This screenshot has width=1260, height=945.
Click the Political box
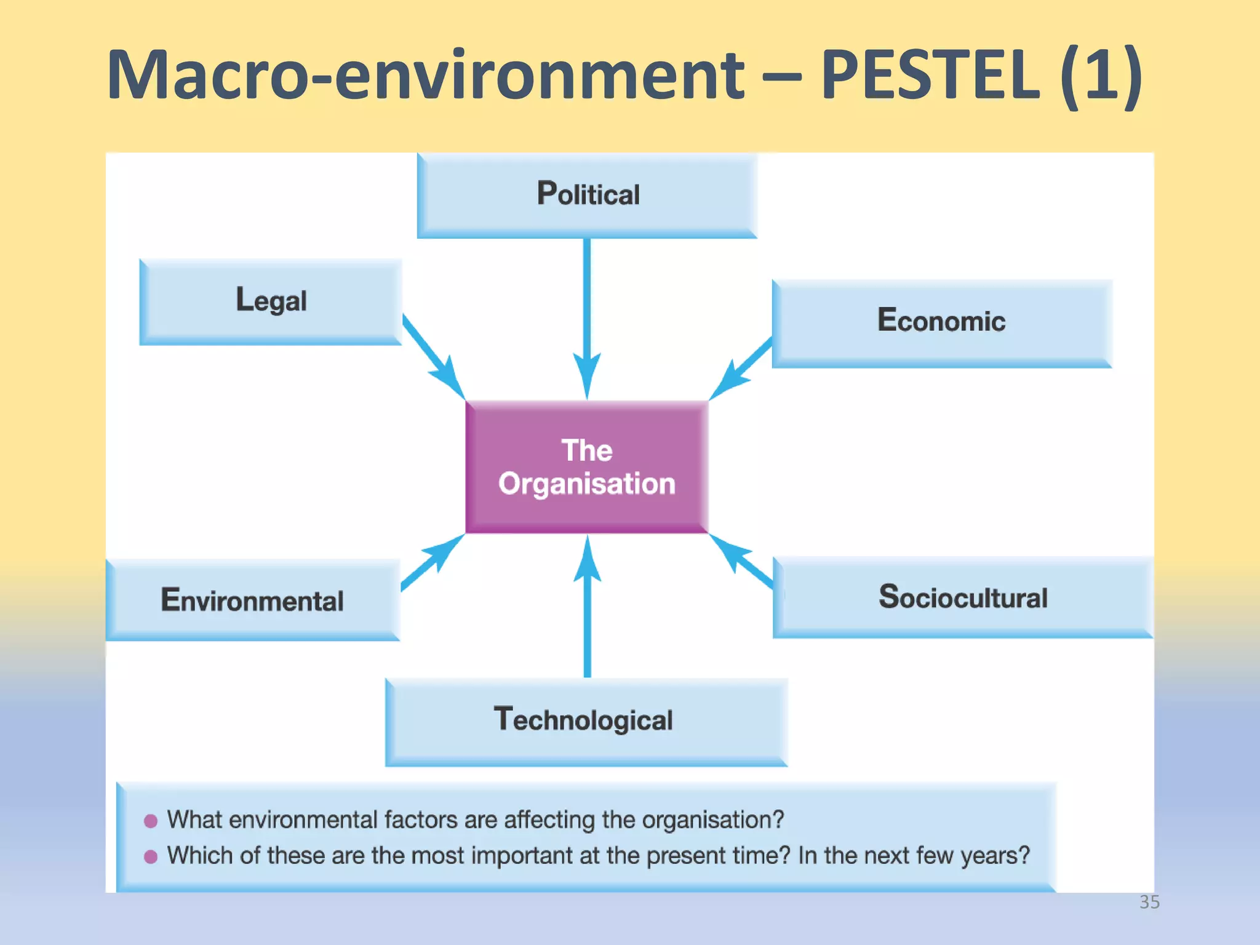coord(587,194)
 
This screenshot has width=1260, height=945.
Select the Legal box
coord(271,301)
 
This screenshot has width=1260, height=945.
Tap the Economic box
coord(941,322)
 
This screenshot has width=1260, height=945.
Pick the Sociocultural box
coord(962,597)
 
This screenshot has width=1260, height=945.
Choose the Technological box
coord(586,720)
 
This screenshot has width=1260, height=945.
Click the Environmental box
coord(252,600)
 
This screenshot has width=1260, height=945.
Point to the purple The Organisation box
coord(587,466)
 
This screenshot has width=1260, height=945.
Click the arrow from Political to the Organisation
coord(587,308)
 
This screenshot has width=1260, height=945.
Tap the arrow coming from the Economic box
coord(741,369)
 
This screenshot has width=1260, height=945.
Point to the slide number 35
coord(1149,902)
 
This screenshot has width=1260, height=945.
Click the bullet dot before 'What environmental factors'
coord(151,821)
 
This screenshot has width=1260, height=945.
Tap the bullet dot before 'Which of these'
coord(151,856)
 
